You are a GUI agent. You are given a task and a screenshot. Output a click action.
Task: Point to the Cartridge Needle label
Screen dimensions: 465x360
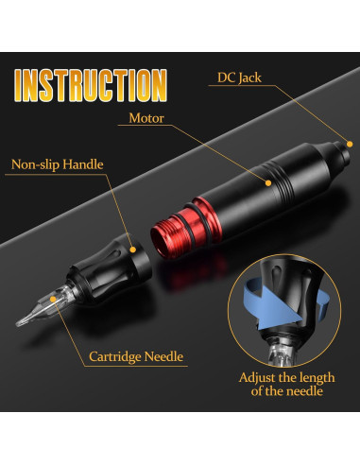tap(136, 357)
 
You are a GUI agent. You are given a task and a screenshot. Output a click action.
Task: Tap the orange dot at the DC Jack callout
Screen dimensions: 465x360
tap(349, 142)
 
